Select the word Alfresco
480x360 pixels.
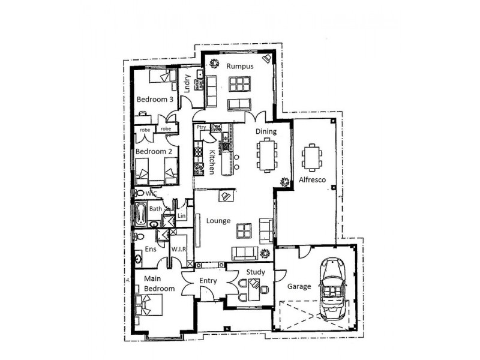[312, 180]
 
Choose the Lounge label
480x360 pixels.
[218, 221]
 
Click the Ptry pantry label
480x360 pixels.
[200, 127]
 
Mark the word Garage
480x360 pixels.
[298, 286]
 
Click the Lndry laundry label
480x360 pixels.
[188, 82]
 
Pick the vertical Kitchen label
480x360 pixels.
[211, 162]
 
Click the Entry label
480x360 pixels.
[207, 281]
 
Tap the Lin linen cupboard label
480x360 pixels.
[181, 215]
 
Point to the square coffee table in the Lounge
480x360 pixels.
[244, 230]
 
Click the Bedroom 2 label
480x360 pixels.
[154, 152]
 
